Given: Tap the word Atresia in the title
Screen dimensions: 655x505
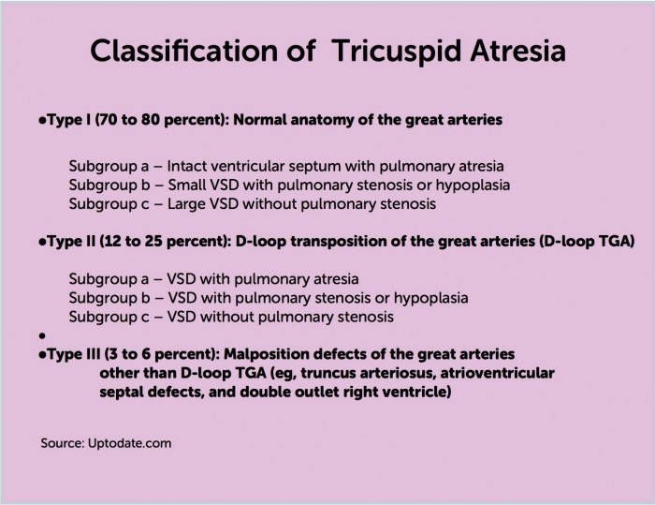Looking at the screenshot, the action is (518, 51).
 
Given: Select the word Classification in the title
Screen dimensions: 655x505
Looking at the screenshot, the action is (183, 51).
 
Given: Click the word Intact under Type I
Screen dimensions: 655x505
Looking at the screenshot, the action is (187, 166).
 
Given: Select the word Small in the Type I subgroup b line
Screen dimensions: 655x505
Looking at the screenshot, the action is (186, 185).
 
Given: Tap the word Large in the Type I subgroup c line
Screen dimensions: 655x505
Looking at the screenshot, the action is (186, 204).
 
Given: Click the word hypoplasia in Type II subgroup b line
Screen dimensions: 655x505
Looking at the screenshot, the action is (430, 298).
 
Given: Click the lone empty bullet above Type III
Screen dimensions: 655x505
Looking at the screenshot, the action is (42, 335).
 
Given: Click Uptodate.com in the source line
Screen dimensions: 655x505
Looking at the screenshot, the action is (129, 443).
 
